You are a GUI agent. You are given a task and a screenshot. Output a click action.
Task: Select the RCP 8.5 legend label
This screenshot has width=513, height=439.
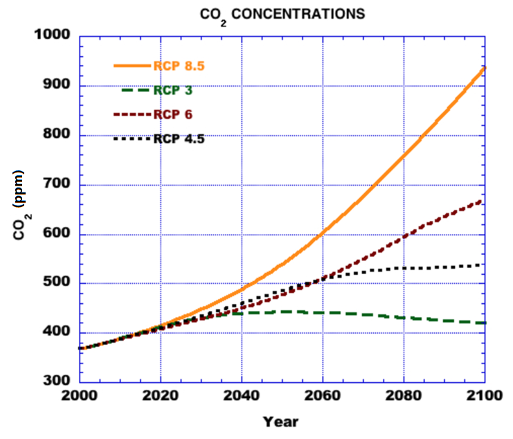click(179, 66)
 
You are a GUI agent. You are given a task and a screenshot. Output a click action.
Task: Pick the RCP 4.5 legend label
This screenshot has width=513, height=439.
click(179, 138)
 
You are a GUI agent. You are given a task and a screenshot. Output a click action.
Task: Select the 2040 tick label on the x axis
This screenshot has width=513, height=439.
click(242, 398)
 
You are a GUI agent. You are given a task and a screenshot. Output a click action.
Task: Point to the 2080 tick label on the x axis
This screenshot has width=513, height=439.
click(404, 398)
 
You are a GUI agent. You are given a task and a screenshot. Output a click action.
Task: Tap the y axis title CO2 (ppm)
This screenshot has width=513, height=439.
click(20, 205)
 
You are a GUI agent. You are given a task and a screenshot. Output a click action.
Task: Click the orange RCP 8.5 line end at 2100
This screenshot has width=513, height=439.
click(483, 68)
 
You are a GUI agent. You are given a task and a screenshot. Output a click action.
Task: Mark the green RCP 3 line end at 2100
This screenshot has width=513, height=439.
click(483, 323)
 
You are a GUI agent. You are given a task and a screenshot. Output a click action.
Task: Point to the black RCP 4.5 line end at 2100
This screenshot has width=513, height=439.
click(483, 265)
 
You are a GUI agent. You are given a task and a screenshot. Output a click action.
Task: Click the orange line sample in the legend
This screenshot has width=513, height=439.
click(132, 66)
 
